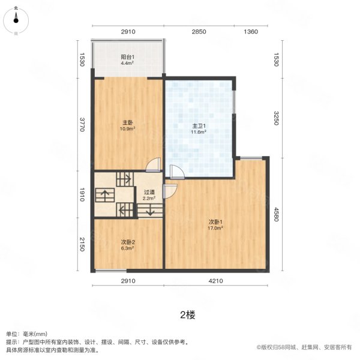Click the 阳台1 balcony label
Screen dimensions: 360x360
127,56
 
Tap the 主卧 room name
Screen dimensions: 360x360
127,124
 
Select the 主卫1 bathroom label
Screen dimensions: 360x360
199,125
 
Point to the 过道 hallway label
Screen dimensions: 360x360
149,192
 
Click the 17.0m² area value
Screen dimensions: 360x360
215,229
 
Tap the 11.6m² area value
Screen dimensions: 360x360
199,132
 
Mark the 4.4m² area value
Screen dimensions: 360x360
127,62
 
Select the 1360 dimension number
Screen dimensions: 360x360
250,32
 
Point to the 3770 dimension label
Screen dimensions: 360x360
82,125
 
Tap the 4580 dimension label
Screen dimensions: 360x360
277,215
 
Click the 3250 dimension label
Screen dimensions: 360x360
277,116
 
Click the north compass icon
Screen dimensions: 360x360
16,19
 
